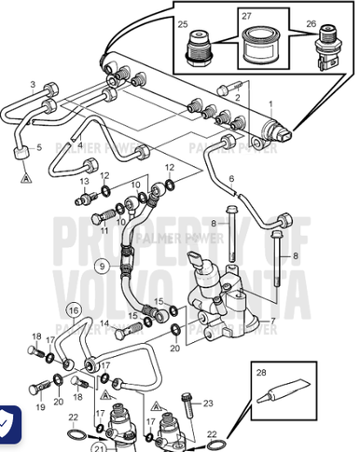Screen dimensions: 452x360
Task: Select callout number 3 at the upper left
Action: coord(32,85)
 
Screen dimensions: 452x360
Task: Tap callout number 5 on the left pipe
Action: coord(38,147)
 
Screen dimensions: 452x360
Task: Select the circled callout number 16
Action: coord(73,309)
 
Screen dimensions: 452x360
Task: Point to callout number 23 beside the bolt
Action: coord(209,403)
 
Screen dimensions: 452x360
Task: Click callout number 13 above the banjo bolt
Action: coord(84,180)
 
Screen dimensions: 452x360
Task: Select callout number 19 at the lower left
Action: coord(40,407)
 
